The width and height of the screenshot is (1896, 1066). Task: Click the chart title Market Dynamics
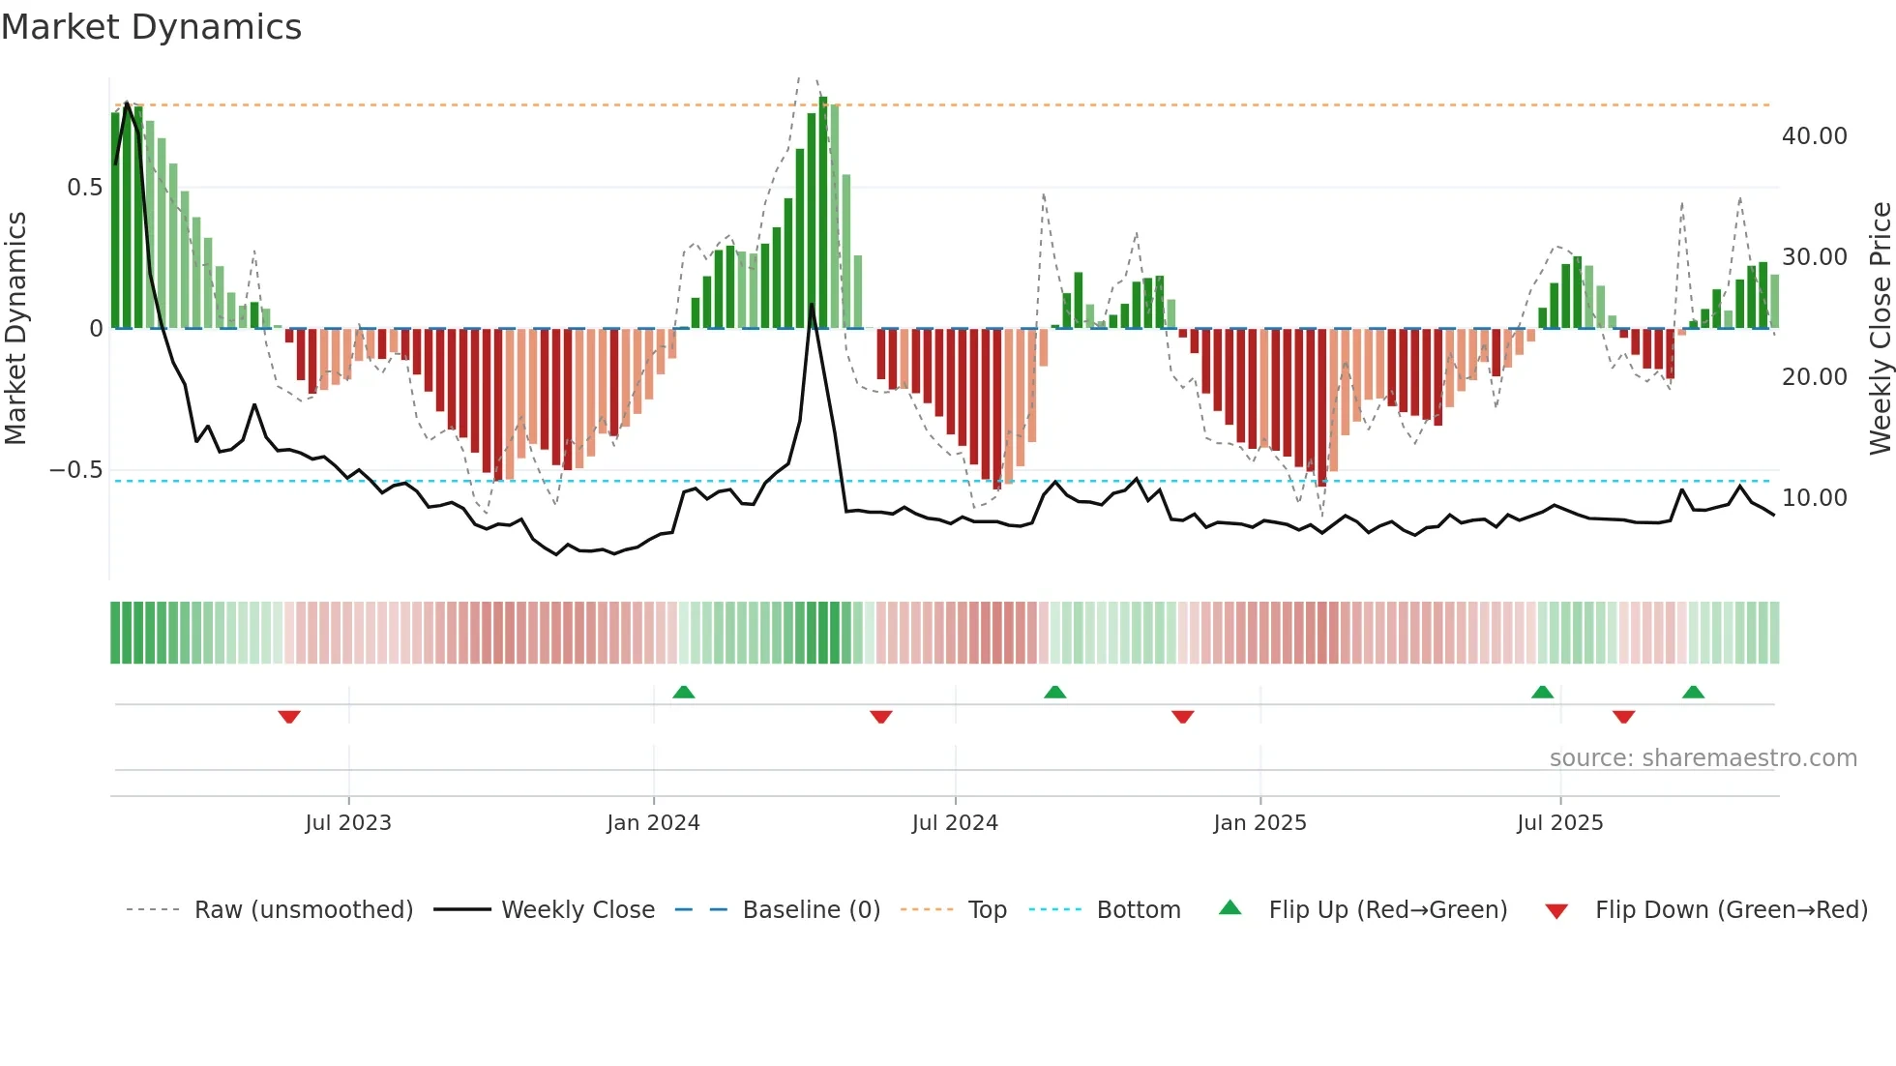pos(151,27)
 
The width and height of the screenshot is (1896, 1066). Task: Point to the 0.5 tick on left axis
pos(84,188)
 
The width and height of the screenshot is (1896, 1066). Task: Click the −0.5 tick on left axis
pos(75,470)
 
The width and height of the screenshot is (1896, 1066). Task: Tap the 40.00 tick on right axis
pos(1814,136)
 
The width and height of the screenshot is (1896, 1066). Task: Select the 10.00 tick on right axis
pos(1814,498)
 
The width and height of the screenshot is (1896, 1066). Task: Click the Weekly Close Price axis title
pos(1880,329)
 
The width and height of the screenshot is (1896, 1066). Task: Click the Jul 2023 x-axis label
pos(348,823)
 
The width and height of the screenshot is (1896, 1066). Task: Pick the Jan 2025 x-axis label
pos(1259,823)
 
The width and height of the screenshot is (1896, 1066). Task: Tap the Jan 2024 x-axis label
pos(653,823)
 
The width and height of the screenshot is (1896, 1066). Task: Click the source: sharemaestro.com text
pos(1703,758)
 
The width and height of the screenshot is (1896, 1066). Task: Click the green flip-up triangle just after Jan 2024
pos(684,692)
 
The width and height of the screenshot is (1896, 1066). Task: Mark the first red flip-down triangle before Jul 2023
pos(289,717)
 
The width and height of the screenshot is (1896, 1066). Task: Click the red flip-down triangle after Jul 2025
pos(1623,717)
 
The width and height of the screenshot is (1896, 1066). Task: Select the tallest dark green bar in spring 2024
pos(823,213)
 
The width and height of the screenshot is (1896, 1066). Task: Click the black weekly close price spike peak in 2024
pos(812,305)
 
